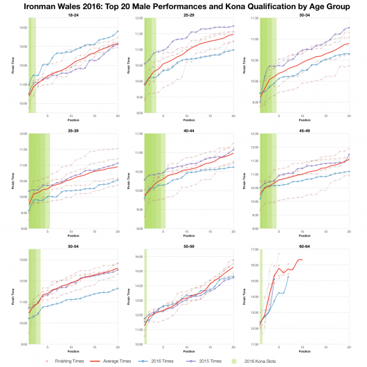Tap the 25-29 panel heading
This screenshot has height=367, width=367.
click(188, 19)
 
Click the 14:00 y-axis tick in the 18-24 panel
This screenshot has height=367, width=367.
click(23, 28)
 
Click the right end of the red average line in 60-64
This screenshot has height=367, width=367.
click(303, 260)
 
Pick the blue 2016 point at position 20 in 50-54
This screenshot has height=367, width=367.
click(118, 288)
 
